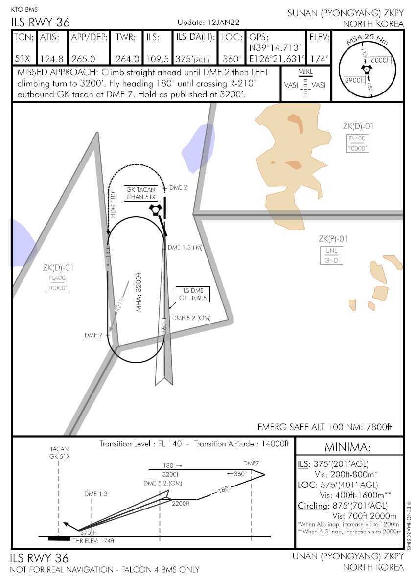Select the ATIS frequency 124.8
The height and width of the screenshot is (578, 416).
[x=51, y=59]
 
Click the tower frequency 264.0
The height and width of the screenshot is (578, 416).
[x=127, y=59]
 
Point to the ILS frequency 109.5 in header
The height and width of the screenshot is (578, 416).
[x=158, y=59]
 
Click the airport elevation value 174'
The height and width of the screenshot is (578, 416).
[x=319, y=59]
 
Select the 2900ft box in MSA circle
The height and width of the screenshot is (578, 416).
[x=354, y=80]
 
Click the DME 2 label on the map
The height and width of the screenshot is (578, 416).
[x=178, y=188]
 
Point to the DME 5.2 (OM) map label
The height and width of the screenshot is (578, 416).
[x=191, y=318]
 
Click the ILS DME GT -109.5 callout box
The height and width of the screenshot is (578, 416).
[x=193, y=294]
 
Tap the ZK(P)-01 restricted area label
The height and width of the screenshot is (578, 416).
[x=333, y=239]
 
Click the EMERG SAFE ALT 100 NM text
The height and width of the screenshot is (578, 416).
[x=325, y=427]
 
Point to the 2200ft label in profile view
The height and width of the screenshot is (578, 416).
[x=181, y=503]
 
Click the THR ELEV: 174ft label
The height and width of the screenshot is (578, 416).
[x=93, y=541]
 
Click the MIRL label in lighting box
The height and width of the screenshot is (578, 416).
[x=305, y=72]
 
